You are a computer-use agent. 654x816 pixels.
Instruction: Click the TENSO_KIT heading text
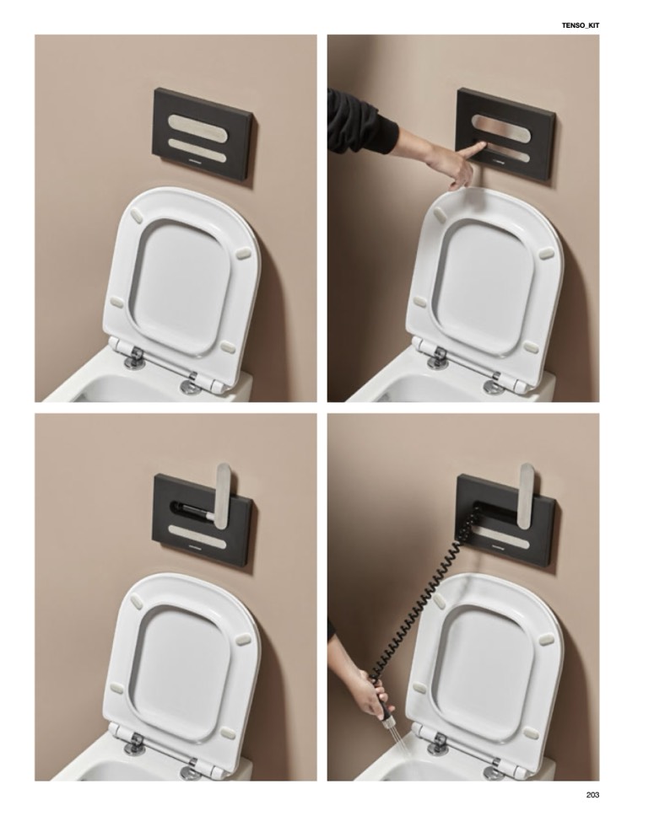click(581, 24)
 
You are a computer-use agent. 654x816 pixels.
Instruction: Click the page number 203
click(592, 795)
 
